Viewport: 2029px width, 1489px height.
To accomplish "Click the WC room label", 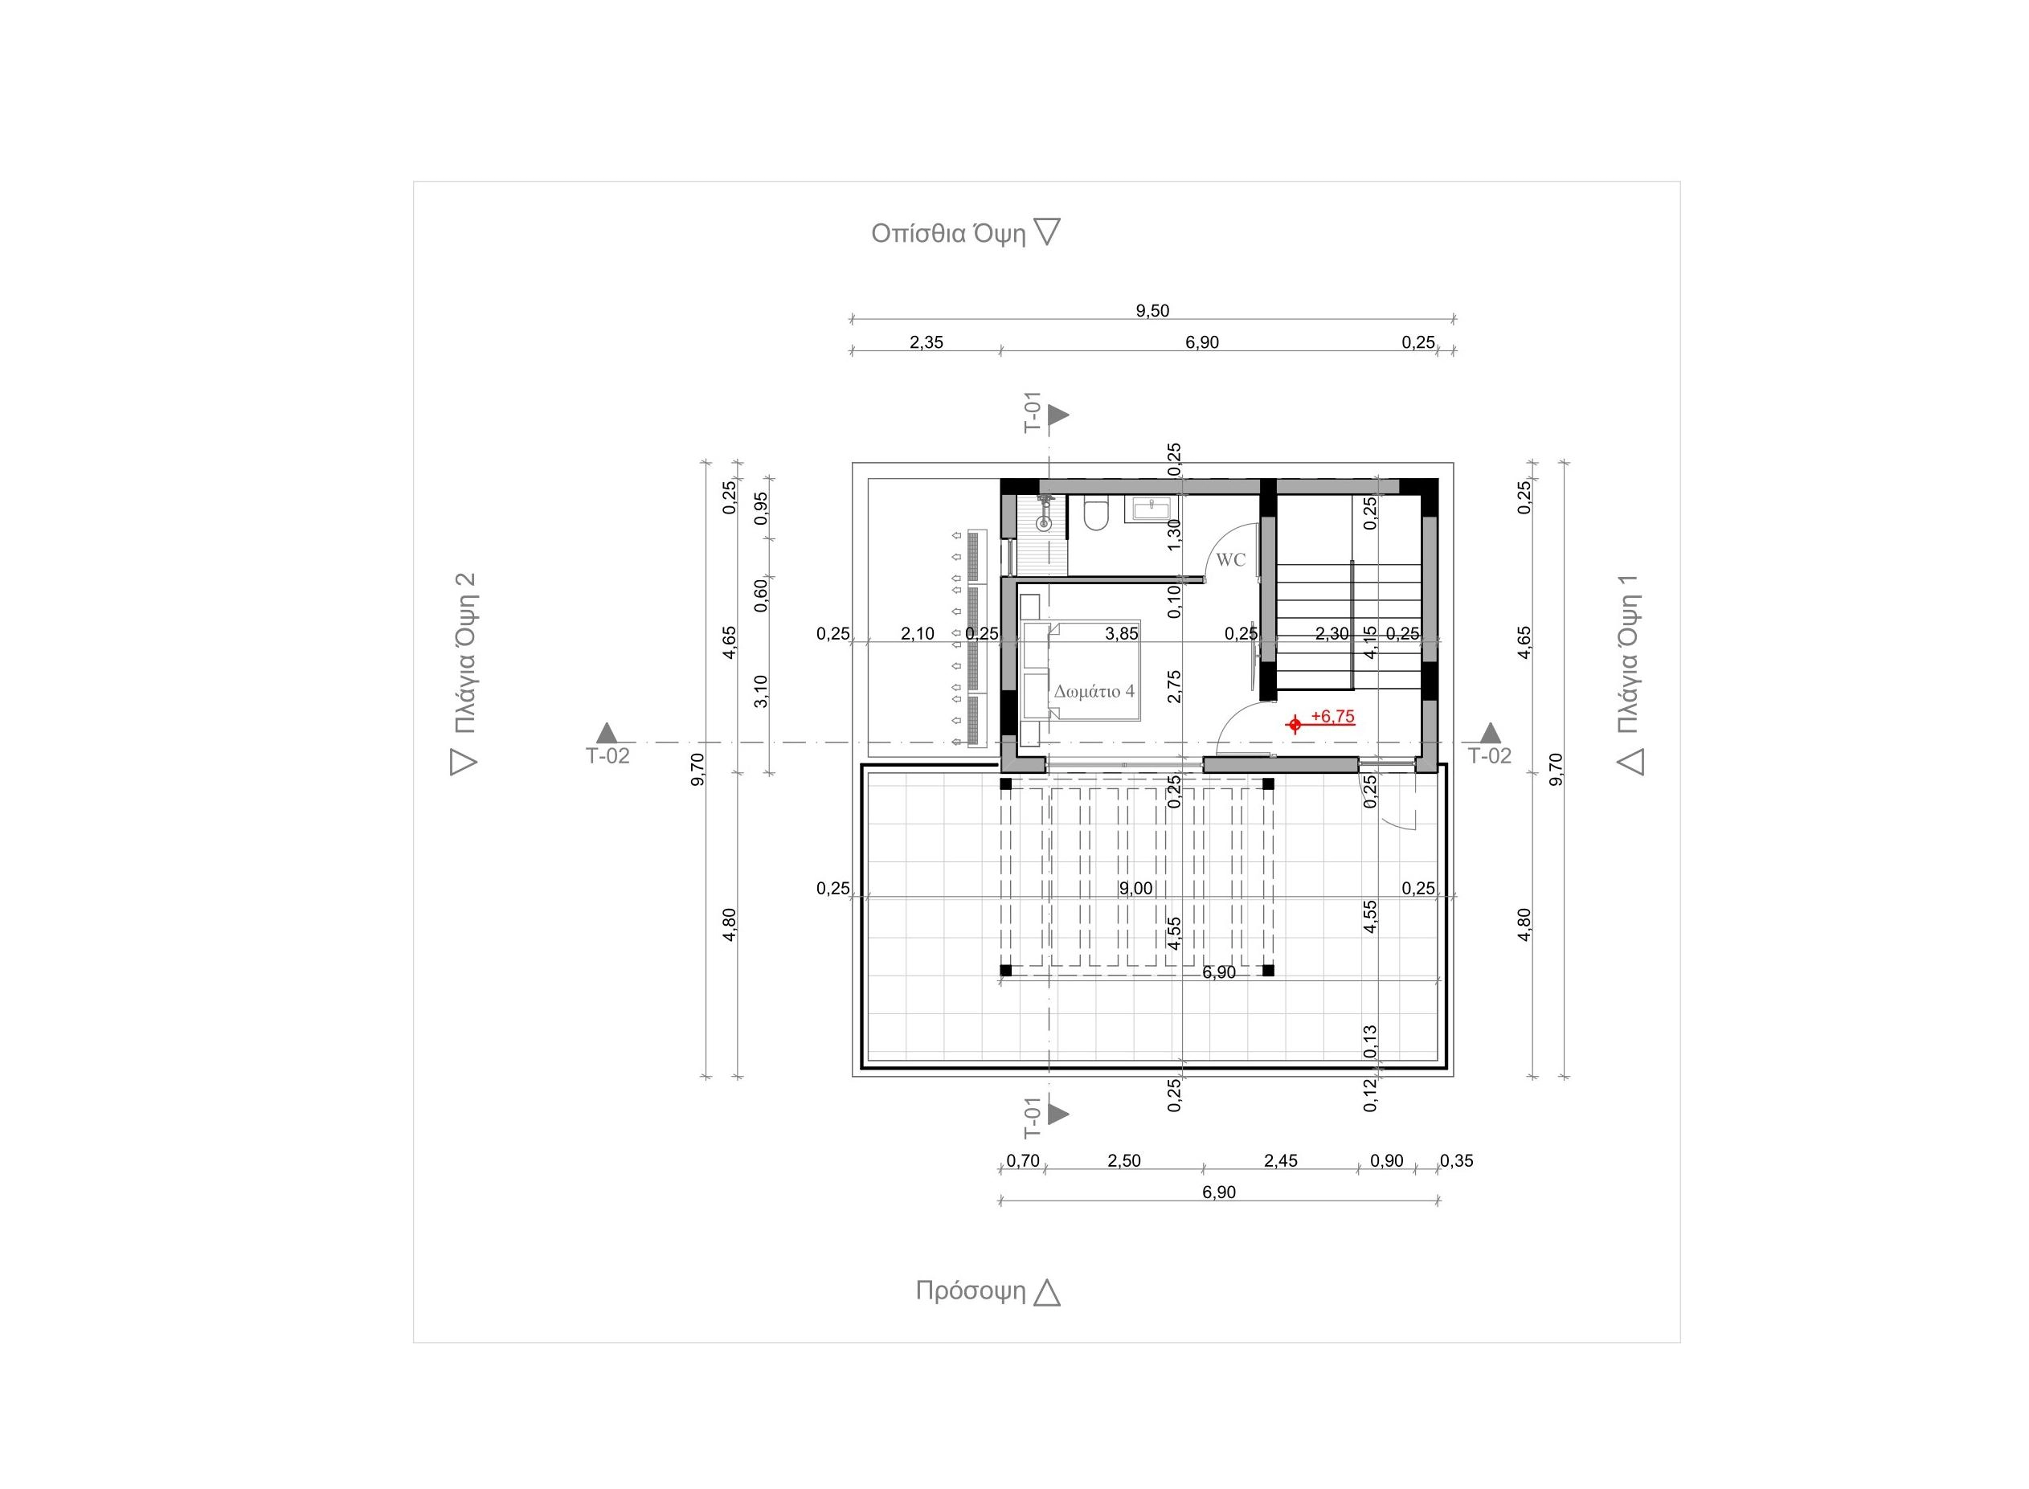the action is (x=1230, y=560).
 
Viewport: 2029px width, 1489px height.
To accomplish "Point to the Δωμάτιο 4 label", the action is (x=1094, y=691).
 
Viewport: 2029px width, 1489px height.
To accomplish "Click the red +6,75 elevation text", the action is (x=1332, y=717).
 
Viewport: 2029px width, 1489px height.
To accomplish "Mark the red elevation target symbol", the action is (x=1295, y=724).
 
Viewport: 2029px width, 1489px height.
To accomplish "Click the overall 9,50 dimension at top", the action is (x=1152, y=311).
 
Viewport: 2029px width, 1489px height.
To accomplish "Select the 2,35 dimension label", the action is (x=926, y=342).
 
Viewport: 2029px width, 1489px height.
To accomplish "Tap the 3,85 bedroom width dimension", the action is (x=1121, y=634).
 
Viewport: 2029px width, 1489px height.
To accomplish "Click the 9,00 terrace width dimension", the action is (x=1135, y=889).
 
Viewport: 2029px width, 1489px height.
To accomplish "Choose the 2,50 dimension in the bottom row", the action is (x=1124, y=1161).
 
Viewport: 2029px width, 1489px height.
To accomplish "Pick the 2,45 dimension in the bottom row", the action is (x=1281, y=1161).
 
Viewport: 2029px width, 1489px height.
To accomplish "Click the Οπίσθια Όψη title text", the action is (x=948, y=234).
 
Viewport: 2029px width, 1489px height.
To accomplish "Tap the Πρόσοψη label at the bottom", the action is (x=971, y=1291).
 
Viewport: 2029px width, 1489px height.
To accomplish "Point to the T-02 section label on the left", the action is (x=607, y=756).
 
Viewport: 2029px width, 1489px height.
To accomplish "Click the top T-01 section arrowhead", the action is (x=1058, y=415).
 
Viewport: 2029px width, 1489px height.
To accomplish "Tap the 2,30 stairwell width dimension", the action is (x=1332, y=634).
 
